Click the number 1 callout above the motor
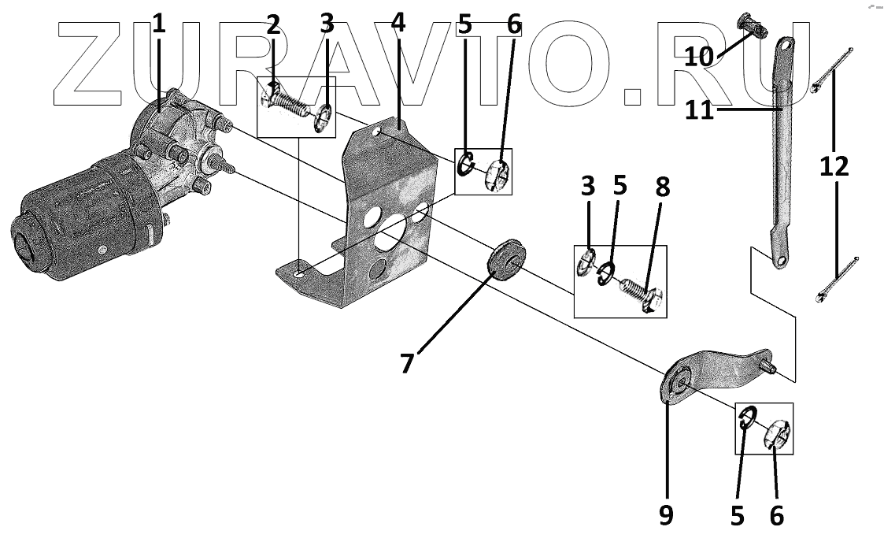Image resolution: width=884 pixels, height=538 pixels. point(159,24)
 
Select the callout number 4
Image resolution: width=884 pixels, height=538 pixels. point(398,24)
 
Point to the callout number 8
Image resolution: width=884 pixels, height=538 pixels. point(663,186)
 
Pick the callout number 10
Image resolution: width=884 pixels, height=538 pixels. point(698,57)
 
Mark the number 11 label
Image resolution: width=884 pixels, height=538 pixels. point(699,109)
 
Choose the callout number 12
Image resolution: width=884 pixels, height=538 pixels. point(834,166)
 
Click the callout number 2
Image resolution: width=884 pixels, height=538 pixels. point(273,24)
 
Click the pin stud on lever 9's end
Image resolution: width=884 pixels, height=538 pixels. point(771,366)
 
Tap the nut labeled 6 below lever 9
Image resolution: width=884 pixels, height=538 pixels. point(776,432)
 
